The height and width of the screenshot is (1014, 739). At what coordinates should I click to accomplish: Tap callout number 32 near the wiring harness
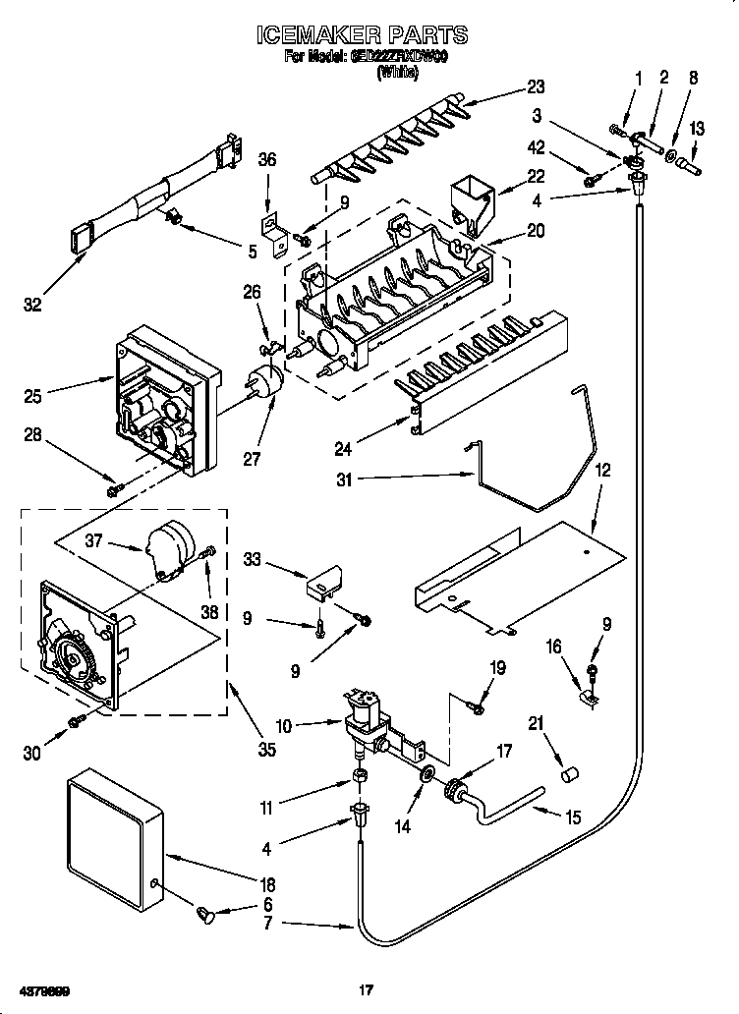(x=33, y=305)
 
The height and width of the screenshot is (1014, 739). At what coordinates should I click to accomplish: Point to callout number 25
(x=33, y=397)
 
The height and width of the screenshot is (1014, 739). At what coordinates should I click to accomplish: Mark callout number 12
(x=602, y=472)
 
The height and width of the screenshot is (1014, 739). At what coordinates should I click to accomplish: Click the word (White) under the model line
(x=397, y=72)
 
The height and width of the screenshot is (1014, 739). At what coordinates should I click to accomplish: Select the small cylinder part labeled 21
(x=566, y=775)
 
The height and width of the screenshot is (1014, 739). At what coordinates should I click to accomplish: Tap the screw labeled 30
(x=76, y=723)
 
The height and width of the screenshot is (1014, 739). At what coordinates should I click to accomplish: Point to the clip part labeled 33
(x=322, y=586)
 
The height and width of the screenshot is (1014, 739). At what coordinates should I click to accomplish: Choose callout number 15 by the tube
(x=573, y=816)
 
